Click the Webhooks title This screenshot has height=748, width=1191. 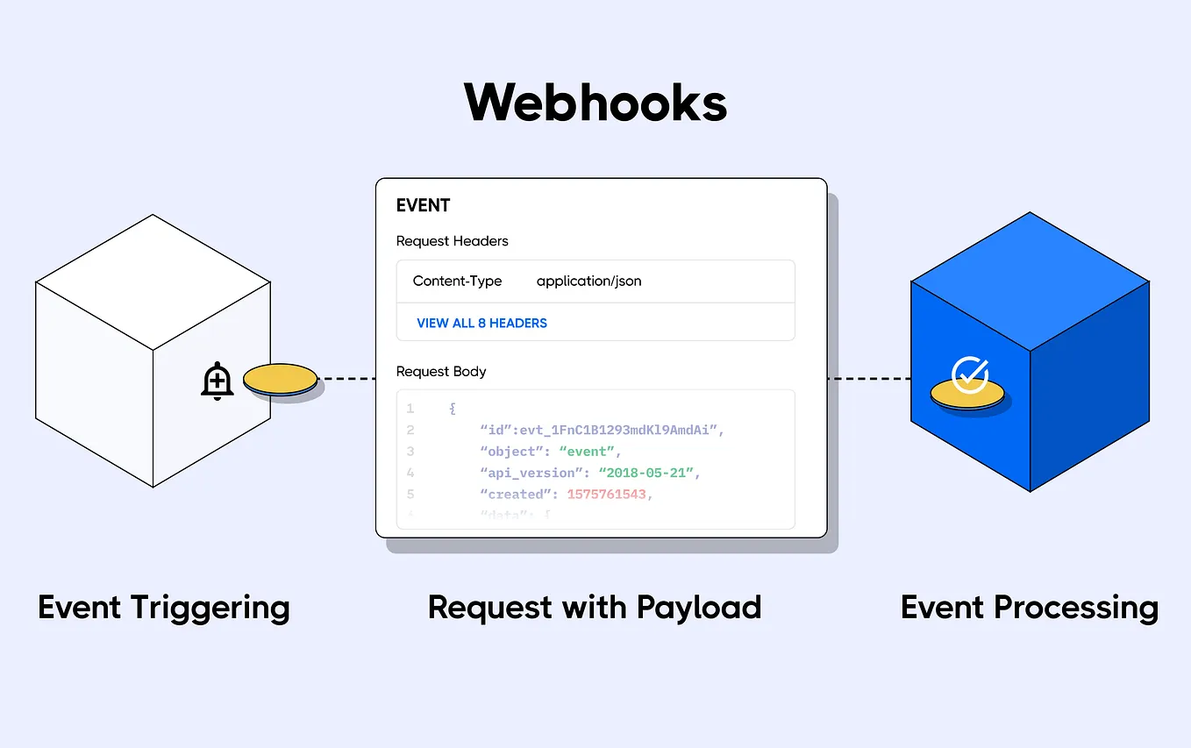coord(595,103)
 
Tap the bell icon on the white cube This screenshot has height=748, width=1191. coord(217,381)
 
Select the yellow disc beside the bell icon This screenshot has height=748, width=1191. coord(281,381)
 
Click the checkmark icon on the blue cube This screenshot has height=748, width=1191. coord(970,375)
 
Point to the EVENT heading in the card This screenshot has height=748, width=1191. coord(423,205)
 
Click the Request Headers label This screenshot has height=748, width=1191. coord(452,241)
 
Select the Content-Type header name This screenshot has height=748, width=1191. coord(457,281)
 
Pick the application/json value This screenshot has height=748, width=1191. coord(588,281)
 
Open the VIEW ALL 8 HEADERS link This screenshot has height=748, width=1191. coord(481,323)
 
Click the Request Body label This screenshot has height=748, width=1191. coord(440,372)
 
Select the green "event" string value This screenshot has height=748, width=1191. coord(588,452)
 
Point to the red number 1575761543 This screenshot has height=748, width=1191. coord(608,494)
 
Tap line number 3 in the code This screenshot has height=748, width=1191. coord(410,452)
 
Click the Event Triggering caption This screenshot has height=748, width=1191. coord(163,607)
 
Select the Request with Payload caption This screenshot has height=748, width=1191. coord(595,607)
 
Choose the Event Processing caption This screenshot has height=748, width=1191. coord(1029,607)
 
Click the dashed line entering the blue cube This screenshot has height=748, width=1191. coord(868,379)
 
